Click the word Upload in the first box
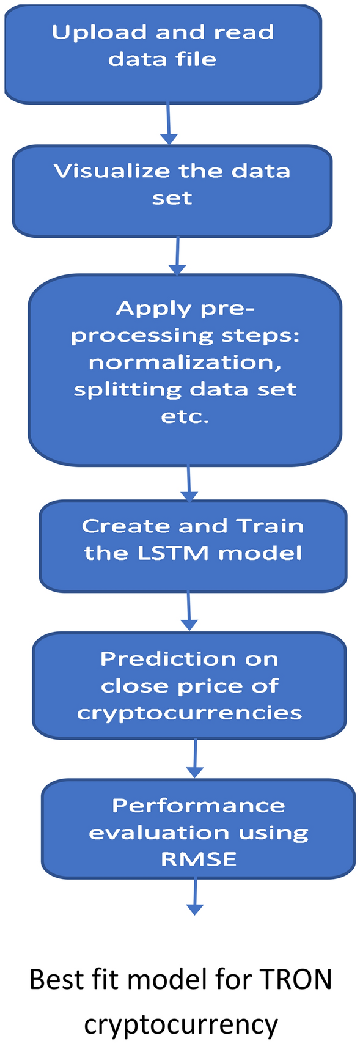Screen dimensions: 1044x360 coord(98,32)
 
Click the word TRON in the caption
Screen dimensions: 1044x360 coord(296,980)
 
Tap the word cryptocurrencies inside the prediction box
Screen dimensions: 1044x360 coord(189,713)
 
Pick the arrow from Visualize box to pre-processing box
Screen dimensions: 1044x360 coord(177,256)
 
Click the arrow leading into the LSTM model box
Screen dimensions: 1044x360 coord(189,484)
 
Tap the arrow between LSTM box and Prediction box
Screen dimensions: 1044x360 coord(189,611)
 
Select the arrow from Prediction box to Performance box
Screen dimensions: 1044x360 coord(194,759)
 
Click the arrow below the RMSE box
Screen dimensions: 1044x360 coord(194,897)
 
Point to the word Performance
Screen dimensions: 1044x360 coord(198,806)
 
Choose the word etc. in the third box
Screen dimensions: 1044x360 coord(185,417)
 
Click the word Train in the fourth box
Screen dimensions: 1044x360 coord(270,526)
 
